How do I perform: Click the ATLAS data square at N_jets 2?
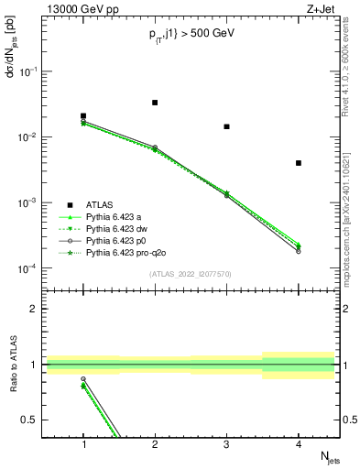click(x=155, y=103)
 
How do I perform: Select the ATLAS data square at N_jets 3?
click(x=226, y=126)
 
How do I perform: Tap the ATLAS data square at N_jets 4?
click(x=299, y=163)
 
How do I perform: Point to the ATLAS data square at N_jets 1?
click(x=83, y=116)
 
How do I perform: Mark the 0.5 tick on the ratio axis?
click(x=35, y=420)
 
